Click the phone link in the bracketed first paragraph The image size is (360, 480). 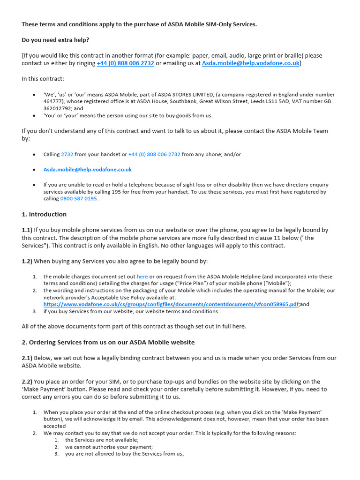[x=125, y=63]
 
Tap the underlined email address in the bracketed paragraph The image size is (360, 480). [x=250, y=63]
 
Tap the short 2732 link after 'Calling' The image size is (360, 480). [x=67, y=154]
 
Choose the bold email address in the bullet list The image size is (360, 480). [x=88, y=170]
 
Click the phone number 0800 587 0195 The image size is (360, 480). [x=79, y=198]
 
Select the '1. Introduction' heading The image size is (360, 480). [x=44, y=214]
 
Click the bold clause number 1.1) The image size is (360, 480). [x=27, y=230]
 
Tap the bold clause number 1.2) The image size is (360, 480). [x=27, y=261]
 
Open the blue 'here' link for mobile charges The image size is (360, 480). [x=142, y=277]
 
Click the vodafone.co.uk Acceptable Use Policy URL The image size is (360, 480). [x=171, y=304]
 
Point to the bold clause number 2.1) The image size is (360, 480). [x=27, y=358]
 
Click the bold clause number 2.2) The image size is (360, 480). [x=27, y=382]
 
